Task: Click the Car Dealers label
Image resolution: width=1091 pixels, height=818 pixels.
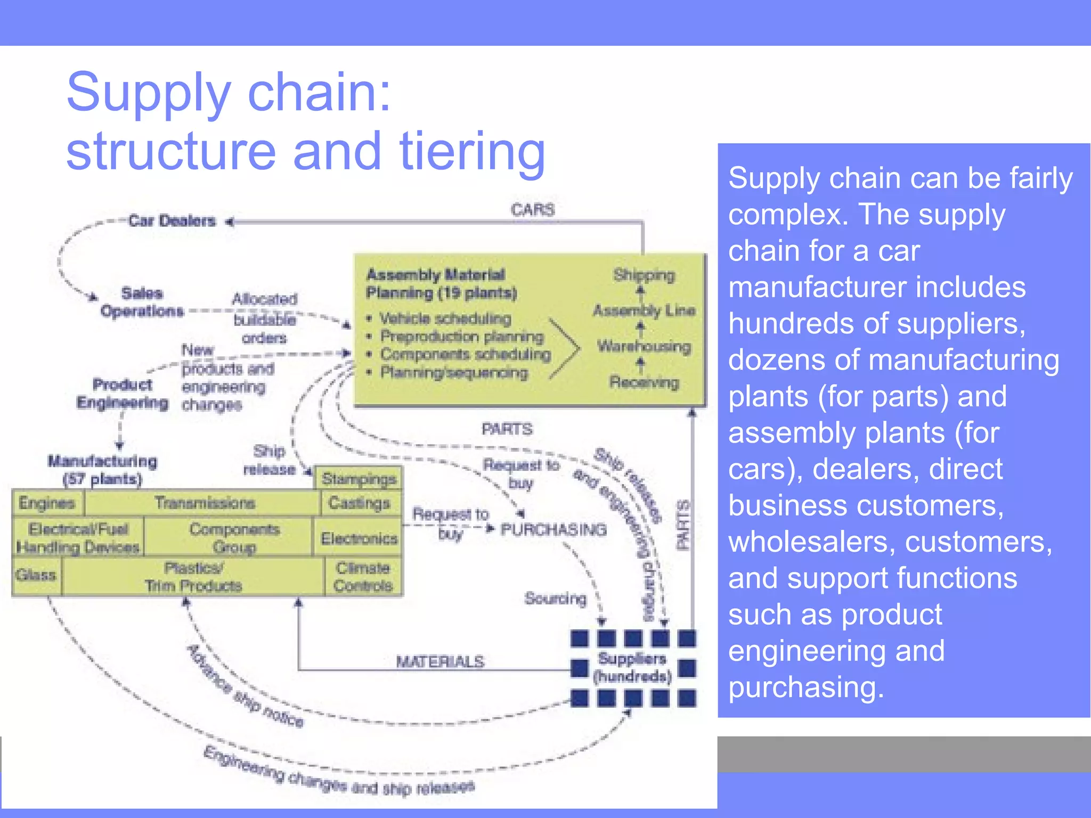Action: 172,220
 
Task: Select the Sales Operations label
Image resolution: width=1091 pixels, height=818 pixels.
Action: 142,302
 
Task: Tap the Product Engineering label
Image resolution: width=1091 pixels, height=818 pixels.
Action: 123,394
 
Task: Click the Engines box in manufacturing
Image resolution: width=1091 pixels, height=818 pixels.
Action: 47,503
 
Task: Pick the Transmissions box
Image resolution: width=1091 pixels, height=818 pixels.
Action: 205,503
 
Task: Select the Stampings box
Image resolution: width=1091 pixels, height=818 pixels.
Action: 359,479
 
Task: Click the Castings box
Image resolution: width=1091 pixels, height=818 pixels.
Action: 360,503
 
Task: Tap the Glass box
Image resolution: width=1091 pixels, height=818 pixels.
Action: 36,575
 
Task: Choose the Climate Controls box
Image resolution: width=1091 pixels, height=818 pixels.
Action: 363,577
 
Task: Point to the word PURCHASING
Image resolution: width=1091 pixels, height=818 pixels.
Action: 553,529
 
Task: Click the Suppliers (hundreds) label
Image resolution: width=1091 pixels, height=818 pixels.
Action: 632,667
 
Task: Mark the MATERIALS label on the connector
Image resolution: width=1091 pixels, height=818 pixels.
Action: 440,661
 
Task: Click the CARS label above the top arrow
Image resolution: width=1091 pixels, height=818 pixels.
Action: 532,210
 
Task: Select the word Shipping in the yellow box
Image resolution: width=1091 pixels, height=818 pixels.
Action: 644,275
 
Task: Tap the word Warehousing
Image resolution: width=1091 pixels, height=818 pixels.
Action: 644,346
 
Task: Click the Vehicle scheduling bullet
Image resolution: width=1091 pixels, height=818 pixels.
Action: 444,318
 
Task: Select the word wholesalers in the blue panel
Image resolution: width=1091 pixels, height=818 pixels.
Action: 812,542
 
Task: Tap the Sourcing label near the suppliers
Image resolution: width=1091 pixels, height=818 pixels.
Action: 555,599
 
